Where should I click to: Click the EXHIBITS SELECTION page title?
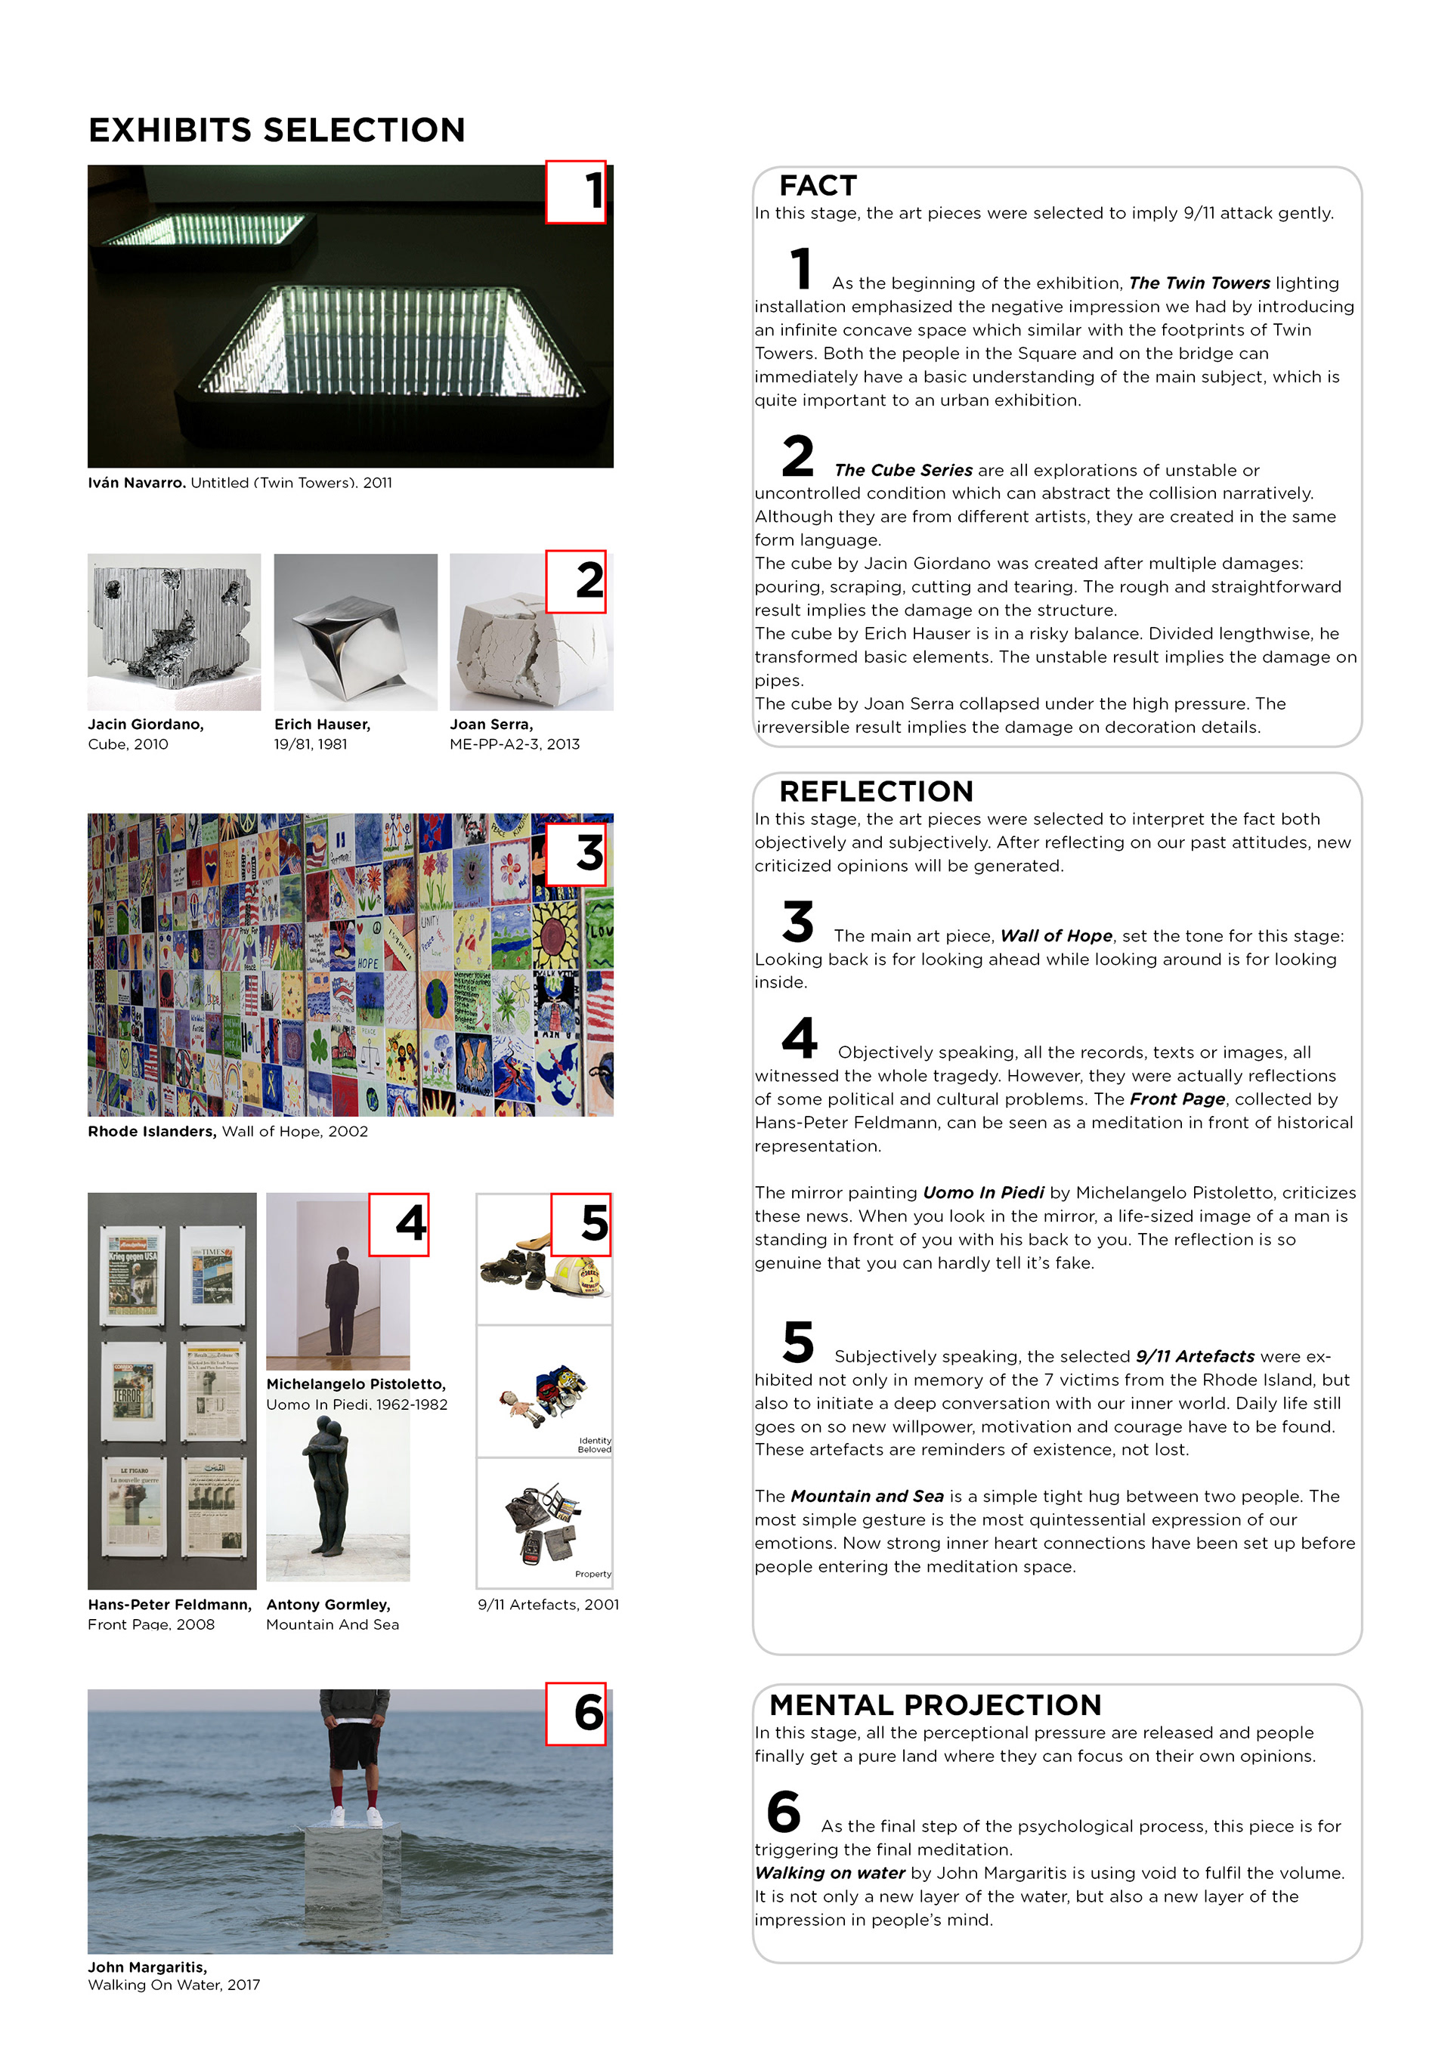[x=277, y=131]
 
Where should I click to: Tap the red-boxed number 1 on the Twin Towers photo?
[x=577, y=192]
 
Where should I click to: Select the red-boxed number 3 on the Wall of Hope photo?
[x=577, y=854]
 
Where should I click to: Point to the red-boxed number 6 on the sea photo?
[x=577, y=1714]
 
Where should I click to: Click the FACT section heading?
[x=817, y=186]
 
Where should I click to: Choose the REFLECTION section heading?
[x=875, y=791]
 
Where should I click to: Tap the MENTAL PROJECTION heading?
[x=934, y=1704]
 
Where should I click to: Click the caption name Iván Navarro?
[x=137, y=483]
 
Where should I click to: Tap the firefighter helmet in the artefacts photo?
[x=582, y=1275]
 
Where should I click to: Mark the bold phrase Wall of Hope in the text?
[x=1056, y=936]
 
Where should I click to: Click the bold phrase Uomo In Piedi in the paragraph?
[x=982, y=1192]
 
